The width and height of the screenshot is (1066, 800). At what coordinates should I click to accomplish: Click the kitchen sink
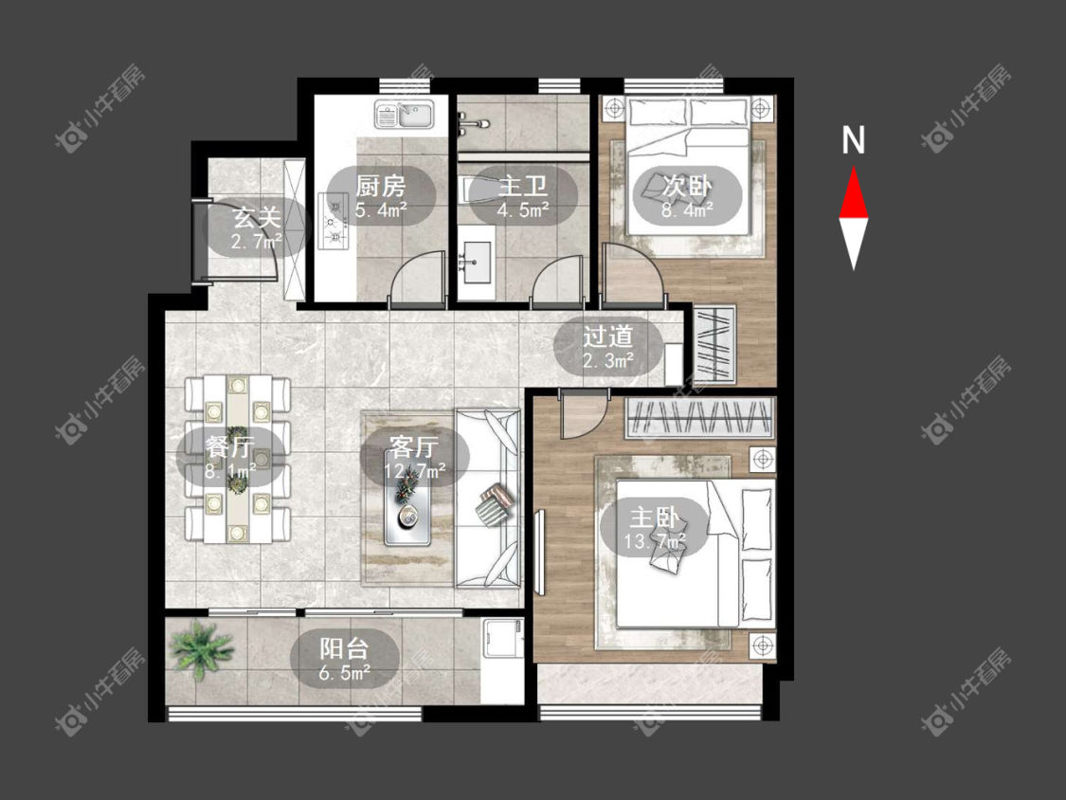pos(406,115)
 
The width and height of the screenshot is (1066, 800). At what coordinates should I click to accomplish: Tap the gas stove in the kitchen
pos(334,220)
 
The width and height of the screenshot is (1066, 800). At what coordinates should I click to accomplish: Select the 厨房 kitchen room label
pos(381,186)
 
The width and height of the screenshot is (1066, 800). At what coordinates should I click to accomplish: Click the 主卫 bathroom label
pos(523,186)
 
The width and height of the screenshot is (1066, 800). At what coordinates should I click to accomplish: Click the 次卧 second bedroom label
pos(687,185)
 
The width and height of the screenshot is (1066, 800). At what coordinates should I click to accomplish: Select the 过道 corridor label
pos(607,336)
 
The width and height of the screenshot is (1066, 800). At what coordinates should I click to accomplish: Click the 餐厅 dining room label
pos(230,447)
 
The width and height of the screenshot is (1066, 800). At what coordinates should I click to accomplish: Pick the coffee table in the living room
pos(407,505)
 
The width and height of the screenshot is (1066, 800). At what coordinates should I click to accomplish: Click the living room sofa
pos(488,498)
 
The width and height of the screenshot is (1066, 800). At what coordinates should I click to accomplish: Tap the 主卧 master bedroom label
pos(655,518)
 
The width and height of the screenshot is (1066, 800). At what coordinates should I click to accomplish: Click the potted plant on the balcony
pos(202,648)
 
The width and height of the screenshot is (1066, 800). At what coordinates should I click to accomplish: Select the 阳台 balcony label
pos(344,648)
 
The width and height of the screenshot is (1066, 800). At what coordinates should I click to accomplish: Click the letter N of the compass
pos(853,140)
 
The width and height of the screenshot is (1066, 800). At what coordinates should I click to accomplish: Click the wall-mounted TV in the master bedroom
pos(540,552)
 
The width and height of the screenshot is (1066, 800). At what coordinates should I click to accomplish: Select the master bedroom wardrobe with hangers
pos(699,417)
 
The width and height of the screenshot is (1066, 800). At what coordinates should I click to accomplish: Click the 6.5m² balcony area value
pos(344,674)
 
